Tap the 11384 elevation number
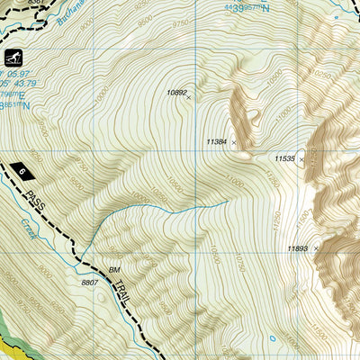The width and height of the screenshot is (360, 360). (217, 141)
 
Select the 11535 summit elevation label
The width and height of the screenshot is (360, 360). (284, 159)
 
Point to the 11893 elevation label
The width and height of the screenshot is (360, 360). (298, 248)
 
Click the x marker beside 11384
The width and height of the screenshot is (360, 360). (234, 142)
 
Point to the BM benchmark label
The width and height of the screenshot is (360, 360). (114, 269)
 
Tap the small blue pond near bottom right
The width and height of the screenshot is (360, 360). (273, 339)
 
